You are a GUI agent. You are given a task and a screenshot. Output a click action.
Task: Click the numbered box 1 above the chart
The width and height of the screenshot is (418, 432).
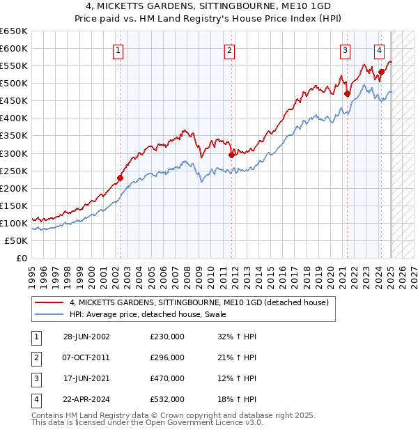(x=118, y=49)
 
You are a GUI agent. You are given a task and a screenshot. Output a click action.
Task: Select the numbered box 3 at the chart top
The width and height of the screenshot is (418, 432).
(x=345, y=49)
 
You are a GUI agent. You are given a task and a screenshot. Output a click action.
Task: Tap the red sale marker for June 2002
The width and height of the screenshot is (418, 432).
(x=120, y=178)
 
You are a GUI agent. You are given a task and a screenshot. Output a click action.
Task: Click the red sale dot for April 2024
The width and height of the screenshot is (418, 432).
(x=381, y=72)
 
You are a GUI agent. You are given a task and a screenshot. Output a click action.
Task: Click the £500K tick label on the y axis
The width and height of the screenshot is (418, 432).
(x=14, y=84)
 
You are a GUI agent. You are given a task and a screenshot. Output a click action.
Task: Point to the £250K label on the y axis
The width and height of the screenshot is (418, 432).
(x=14, y=171)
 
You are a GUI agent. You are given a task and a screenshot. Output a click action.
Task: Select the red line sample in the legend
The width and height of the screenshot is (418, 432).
(x=49, y=302)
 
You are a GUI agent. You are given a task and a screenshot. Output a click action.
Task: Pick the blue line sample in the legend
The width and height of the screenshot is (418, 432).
(x=49, y=314)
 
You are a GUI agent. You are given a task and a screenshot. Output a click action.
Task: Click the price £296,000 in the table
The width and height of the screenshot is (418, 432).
(x=167, y=357)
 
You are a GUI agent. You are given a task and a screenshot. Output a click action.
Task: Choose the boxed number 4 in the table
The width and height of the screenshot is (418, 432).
(x=34, y=399)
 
